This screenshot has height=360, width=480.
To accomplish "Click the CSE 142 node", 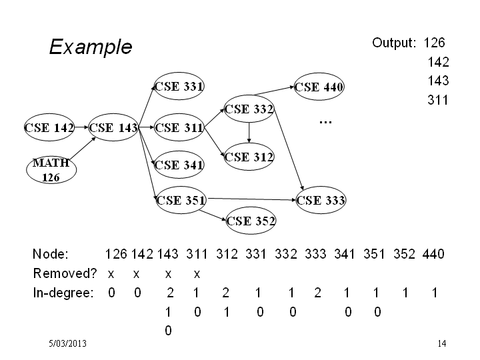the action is click(49, 127).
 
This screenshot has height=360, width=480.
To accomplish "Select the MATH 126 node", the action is click(51, 170).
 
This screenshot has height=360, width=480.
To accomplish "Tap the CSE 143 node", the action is click(113, 127).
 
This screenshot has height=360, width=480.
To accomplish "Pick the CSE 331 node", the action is click(179, 86).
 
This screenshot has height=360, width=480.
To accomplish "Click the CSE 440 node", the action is click(319, 87).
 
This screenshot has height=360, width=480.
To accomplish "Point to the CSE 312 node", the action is click(249, 157).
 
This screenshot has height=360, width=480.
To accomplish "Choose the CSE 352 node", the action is click(251, 221).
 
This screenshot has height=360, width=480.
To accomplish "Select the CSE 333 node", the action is click(321, 200).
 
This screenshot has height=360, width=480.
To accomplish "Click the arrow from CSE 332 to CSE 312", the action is click(249, 133).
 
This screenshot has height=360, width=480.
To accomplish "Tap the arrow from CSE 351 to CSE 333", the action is click(251, 199).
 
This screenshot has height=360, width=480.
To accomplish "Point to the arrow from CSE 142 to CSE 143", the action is click(81, 127).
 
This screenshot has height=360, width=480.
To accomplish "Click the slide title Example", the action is click(91, 47).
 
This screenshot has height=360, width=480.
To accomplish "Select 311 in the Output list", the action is click(438, 100).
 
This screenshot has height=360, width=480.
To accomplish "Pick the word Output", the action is click(394, 43).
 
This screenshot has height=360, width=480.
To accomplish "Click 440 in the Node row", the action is click(433, 254).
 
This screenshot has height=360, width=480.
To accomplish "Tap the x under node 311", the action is click(197, 274).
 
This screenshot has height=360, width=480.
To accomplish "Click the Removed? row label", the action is click(65, 273).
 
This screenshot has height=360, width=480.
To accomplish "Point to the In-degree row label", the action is click(63, 293).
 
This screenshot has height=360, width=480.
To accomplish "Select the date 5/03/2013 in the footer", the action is click(67, 343).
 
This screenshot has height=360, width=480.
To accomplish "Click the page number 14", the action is click(442, 343).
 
